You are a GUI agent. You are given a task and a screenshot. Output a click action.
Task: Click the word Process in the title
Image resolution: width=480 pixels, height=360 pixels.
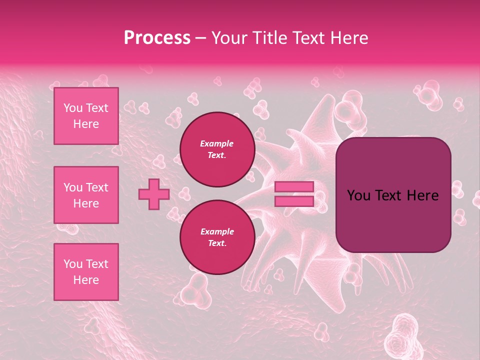tap(157, 38)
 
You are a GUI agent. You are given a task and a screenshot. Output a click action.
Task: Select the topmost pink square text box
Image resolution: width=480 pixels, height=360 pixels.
tap(86, 116)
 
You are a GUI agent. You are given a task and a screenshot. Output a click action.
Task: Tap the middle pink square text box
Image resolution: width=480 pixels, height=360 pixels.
tap(86, 195)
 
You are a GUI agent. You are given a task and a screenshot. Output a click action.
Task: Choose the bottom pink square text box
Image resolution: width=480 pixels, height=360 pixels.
tap(86, 272)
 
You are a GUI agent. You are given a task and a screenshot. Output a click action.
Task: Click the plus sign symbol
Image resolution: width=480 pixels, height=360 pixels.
tap(153, 194)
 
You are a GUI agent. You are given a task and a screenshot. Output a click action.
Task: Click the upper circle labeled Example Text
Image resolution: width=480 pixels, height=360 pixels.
tap(217, 149)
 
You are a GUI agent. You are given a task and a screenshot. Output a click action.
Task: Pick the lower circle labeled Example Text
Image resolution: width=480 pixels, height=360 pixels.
tap(217, 237)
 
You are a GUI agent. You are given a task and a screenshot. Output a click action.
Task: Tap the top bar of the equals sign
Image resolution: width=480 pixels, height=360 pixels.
tap(294, 187)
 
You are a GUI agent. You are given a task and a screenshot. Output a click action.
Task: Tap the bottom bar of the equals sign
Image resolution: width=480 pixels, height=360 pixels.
tap(294, 201)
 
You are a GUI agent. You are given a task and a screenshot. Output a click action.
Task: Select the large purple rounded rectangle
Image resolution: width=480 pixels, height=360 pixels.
tap(393, 220)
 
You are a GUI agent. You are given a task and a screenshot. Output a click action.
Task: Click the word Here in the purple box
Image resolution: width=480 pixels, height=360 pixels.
tap(422, 195)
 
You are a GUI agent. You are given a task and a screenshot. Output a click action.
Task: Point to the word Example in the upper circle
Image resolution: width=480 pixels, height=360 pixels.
tap(217, 143)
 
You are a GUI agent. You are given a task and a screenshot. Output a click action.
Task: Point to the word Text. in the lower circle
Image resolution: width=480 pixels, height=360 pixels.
tap(217, 243)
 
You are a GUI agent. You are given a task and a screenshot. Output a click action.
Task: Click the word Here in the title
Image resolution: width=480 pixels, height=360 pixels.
tap(349, 38)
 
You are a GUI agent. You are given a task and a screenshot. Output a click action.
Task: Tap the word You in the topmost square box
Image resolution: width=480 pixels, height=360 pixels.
tap(73, 108)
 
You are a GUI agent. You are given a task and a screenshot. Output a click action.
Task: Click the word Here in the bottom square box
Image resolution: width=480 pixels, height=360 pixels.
tap(86, 280)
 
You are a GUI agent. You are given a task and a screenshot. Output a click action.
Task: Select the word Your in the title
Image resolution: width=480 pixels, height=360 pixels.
tap(228, 38)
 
